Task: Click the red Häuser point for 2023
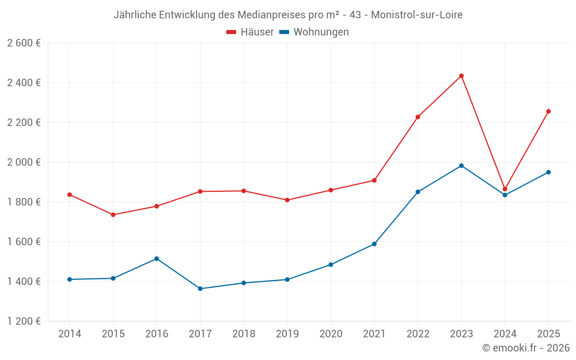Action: (461, 76)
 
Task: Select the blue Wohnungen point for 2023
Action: (461, 166)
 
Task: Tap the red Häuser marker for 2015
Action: (113, 215)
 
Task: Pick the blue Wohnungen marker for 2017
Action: (200, 289)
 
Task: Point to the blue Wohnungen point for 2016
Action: (157, 259)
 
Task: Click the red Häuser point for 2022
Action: (418, 117)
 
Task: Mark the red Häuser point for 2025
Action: (548, 111)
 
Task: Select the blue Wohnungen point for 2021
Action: (374, 244)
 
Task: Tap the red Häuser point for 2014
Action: (70, 195)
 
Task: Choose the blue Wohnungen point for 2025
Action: (548, 172)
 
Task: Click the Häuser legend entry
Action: (250, 32)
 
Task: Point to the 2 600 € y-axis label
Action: (24, 43)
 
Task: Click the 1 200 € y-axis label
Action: (24, 321)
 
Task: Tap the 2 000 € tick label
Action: (24, 162)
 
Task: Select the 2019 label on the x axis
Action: (287, 334)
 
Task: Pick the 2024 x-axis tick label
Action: (505, 334)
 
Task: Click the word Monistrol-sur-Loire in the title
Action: (416, 15)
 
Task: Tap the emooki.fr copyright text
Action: (525, 348)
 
